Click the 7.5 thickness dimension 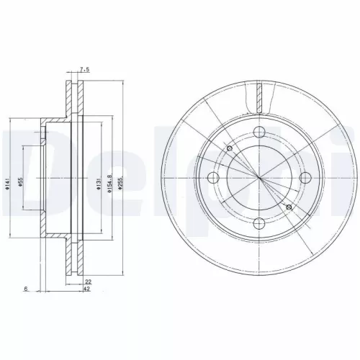point(84,70)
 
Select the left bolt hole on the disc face point(212,179)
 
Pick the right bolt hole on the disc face point(305,178)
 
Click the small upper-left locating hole point(229,149)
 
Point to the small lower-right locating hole point(289,207)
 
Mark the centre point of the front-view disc point(258,178)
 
